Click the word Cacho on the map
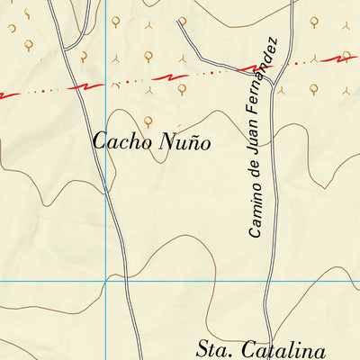(122, 141)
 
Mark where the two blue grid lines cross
(106, 281)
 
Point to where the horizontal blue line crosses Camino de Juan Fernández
(270, 281)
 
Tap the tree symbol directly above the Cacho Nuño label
(148, 120)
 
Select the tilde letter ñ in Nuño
(192, 142)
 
